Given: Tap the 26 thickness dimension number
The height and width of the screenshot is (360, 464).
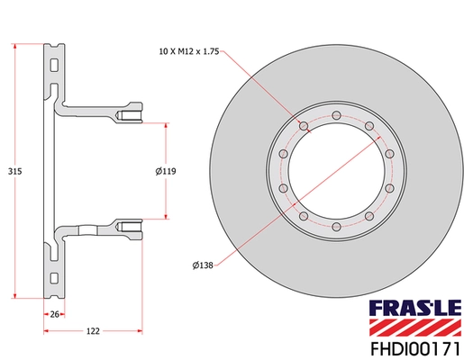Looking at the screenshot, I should tap(53, 314).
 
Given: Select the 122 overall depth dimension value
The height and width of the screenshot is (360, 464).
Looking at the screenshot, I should tap(93, 332).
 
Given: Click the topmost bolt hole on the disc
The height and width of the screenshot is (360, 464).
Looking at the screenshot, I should tap(335, 115).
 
